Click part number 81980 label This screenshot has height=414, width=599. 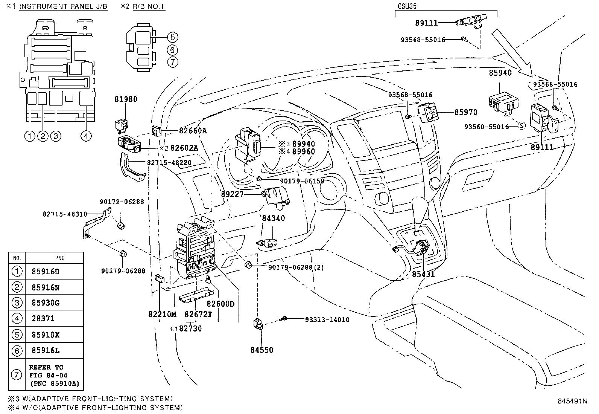(x=126, y=99)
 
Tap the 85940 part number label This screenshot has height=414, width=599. (x=500, y=73)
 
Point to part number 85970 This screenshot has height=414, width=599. (x=466, y=112)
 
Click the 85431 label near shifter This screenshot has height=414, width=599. (x=423, y=274)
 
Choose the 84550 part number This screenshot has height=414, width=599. (x=262, y=350)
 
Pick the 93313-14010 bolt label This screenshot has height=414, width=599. (x=327, y=320)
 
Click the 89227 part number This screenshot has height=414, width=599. (x=233, y=194)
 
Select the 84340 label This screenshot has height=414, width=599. (x=274, y=218)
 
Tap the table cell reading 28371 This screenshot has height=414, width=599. (x=43, y=319)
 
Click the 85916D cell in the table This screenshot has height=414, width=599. (x=46, y=272)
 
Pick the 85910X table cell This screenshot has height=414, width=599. (x=46, y=335)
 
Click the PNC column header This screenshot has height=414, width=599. (x=59, y=258)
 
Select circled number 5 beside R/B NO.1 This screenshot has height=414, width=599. (x=172, y=37)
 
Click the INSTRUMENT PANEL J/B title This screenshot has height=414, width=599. (x=63, y=6)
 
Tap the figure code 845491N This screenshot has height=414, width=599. (x=572, y=401)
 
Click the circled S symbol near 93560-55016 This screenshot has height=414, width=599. (x=521, y=126)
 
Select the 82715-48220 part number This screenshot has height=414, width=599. (x=169, y=163)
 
